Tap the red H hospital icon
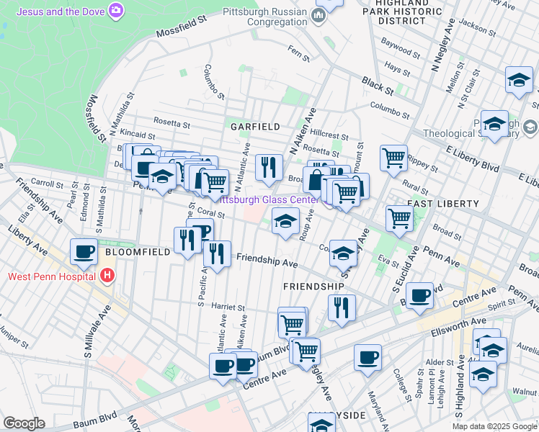(x=107, y=275)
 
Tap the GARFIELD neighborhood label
(x=254, y=127)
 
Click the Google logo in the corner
(x=23, y=423)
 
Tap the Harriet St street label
(x=229, y=306)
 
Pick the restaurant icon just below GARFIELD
(x=269, y=168)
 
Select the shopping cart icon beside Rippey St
(x=393, y=157)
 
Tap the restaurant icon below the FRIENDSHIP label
(x=341, y=307)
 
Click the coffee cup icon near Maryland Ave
(x=367, y=358)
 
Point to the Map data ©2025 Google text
(x=494, y=426)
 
